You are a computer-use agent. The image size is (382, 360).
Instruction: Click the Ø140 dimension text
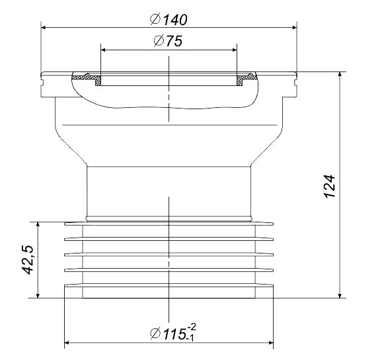169,19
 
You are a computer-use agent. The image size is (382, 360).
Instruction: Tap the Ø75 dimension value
168,41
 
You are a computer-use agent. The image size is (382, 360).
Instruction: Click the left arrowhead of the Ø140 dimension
45,27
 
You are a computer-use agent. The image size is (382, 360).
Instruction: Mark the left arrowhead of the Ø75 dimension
104,48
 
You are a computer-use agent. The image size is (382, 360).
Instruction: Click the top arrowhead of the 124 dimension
340,77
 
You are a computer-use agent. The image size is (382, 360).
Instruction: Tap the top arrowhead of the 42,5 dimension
40,226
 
